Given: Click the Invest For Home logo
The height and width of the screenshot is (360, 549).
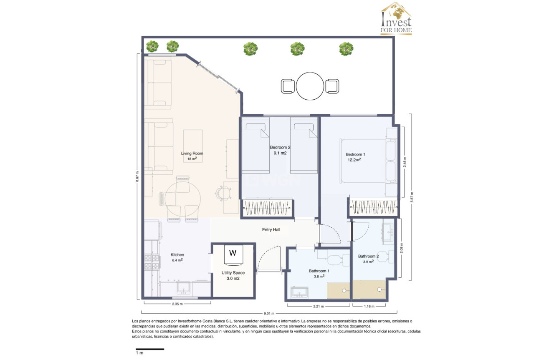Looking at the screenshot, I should tap(395, 19).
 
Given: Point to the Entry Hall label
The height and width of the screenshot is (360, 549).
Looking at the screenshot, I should tap(271, 229).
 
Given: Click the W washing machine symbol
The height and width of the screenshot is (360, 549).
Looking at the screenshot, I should tap(233, 253).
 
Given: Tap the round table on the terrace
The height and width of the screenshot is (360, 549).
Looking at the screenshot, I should tap(311, 86).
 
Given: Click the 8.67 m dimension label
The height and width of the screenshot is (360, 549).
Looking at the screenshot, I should tap(137, 177).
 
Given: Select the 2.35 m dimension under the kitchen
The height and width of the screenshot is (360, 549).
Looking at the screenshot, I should tap(177, 304).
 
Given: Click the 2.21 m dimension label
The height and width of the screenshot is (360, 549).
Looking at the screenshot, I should tap(319, 307).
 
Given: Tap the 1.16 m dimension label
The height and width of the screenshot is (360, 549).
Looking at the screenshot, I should tap(368, 307).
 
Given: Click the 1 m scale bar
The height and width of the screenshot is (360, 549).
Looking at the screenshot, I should tap(149, 349).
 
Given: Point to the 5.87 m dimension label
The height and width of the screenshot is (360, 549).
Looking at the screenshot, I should tap(412, 197).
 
